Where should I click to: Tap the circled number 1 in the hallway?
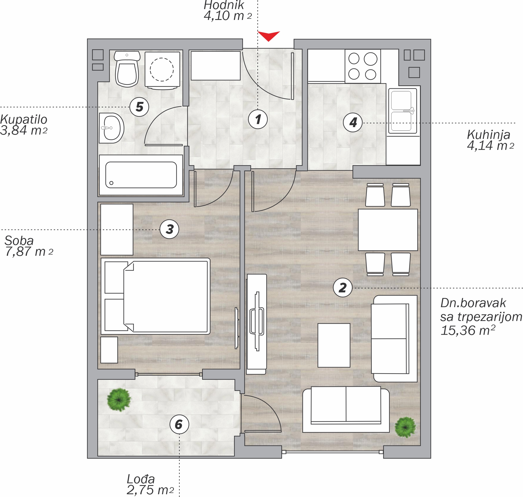click(258, 119)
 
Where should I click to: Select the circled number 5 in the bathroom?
click(139, 107)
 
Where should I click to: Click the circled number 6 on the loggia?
click(179, 424)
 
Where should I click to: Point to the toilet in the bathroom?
click(127, 69)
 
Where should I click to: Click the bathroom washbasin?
click(111, 128)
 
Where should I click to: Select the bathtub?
click(141, 175)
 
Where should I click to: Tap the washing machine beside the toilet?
click(162, 70)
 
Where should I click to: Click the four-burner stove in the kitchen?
click(363, 66)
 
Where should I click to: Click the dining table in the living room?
click(388, 230)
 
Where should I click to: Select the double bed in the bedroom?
click(156, 296)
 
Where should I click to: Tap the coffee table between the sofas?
click(334, 345)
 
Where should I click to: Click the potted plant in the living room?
click(405, 427)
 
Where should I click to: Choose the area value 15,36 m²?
click(468, 330)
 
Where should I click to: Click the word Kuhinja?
click(488, 135)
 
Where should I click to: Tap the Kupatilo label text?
click(24, 120)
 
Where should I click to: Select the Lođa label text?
click(141, 479)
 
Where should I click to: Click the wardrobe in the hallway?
click(216, 66)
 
